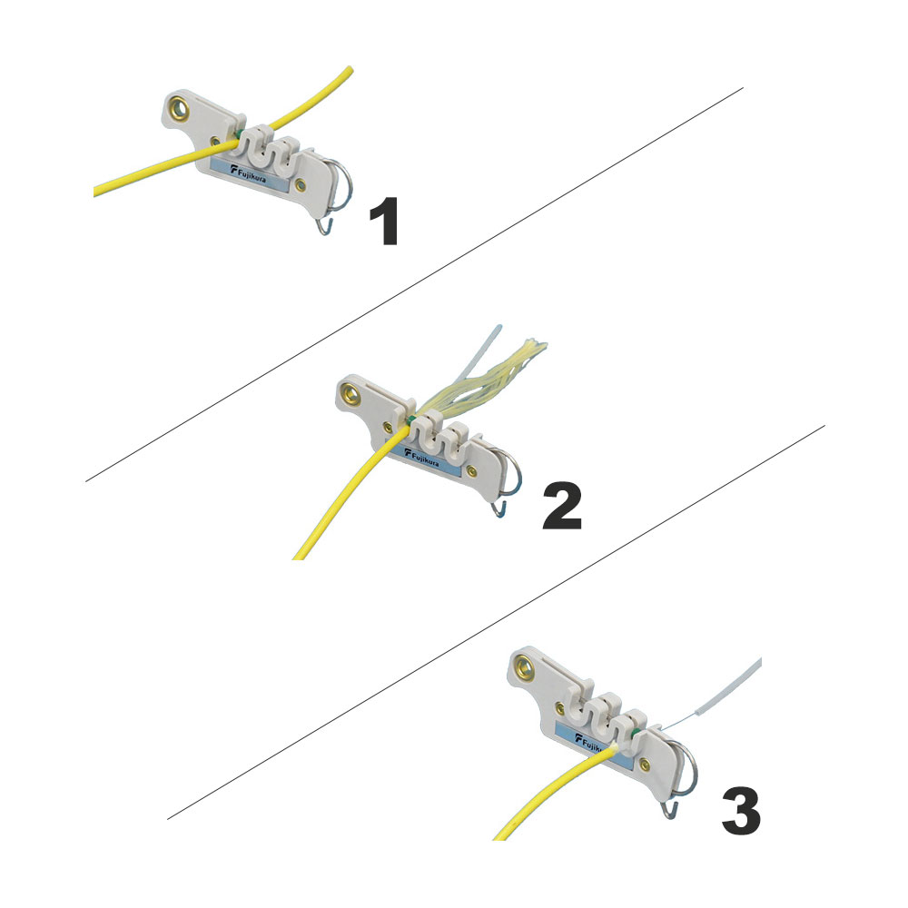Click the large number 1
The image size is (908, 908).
384,222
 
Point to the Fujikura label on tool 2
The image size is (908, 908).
423,458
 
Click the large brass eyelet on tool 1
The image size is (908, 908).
178,108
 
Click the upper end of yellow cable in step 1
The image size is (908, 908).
350,70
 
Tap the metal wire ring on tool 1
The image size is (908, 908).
343,183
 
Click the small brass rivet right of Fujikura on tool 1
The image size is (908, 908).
300,184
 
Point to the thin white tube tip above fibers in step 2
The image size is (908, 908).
498,328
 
